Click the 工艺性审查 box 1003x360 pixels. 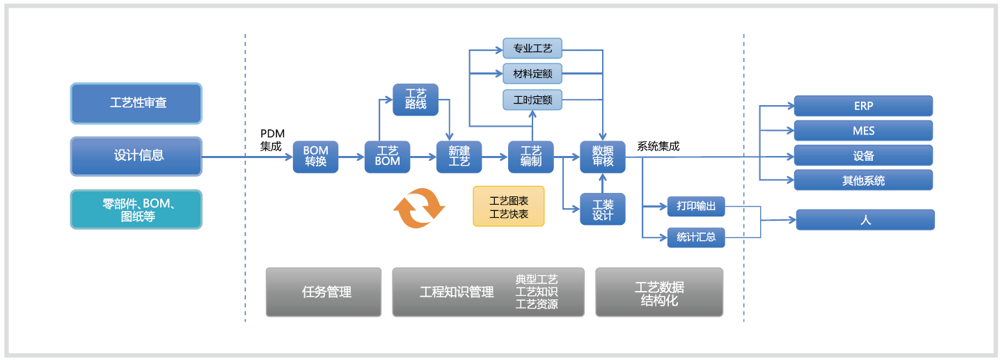tap(136, 103)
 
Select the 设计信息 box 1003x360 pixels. tap(136, 156)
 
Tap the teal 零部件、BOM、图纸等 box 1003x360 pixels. tap(136, 210)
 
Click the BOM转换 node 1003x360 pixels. tap(315, 157)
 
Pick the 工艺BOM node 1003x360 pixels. tap(387, 157)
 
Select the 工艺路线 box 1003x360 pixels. tap(416, 100)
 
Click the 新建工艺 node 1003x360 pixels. tap(459, 157)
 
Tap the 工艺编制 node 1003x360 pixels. tap(530, 157)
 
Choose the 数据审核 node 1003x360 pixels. tap(603, 157)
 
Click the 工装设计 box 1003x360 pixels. tap(603, 209)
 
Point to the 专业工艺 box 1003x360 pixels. tap(532, 48)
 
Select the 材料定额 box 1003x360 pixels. tap(532, 74)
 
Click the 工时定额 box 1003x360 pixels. tap(532, 100)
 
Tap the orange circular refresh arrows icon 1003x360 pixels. tap(419, 208)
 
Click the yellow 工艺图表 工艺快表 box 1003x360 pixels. tap(509, 207)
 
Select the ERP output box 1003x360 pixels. tap(863, 107)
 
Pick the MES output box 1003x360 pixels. tap(863, 131)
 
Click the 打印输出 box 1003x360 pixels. tap(696, 207)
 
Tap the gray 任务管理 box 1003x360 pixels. tap(324, 292)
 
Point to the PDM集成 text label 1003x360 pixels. tap(272, 140)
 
